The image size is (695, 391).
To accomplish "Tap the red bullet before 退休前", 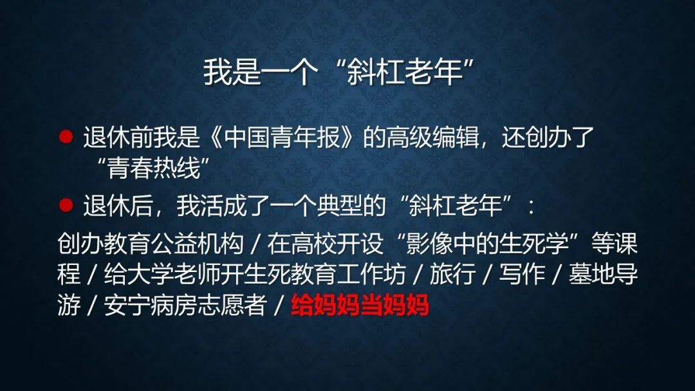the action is tap(66, 136).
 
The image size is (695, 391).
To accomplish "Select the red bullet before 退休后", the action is tap(66, 205).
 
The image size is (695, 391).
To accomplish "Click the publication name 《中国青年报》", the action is tap(281, 137).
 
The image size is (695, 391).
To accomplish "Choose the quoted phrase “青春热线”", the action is tap(153, 168).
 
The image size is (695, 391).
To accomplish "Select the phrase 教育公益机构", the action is tap(173, 243).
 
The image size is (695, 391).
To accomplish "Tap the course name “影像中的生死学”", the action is tap(488, 243).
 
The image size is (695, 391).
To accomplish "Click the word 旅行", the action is tap(452, 274).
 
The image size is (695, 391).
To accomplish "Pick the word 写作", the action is tap(522, 274).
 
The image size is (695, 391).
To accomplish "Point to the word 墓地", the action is tap(591, 274).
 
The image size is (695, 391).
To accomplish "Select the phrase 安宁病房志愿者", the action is tap(185, 305).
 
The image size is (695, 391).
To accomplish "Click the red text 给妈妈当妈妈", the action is tap(360, 305).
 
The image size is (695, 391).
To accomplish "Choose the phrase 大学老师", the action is tap(173, 274).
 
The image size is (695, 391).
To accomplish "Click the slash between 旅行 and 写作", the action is tap(488, 275).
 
